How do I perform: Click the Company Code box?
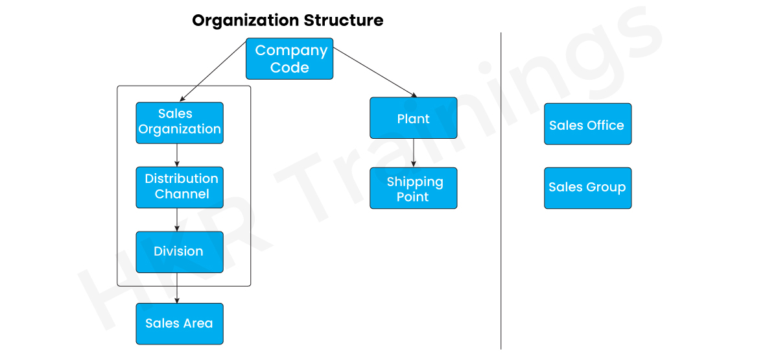coord(289,58)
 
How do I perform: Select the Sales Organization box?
coord(180,122)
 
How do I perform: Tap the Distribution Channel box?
coord(180,187)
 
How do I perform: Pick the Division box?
coord(180,252)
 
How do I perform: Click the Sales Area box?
coord(180,323)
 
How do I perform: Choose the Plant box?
coord(414,118)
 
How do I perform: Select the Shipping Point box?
coord(414,188)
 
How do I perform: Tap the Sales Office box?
coord(587,124)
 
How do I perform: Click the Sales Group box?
coord(587,188)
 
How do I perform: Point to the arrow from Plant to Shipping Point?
coord(414,153)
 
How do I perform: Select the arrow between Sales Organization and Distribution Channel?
coord(177,154)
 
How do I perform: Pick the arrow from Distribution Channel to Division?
coord(177,219)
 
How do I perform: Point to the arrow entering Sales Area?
coord(177,289)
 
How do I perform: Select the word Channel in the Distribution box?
coord(182,195)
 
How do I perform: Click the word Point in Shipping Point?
coord(413,197)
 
